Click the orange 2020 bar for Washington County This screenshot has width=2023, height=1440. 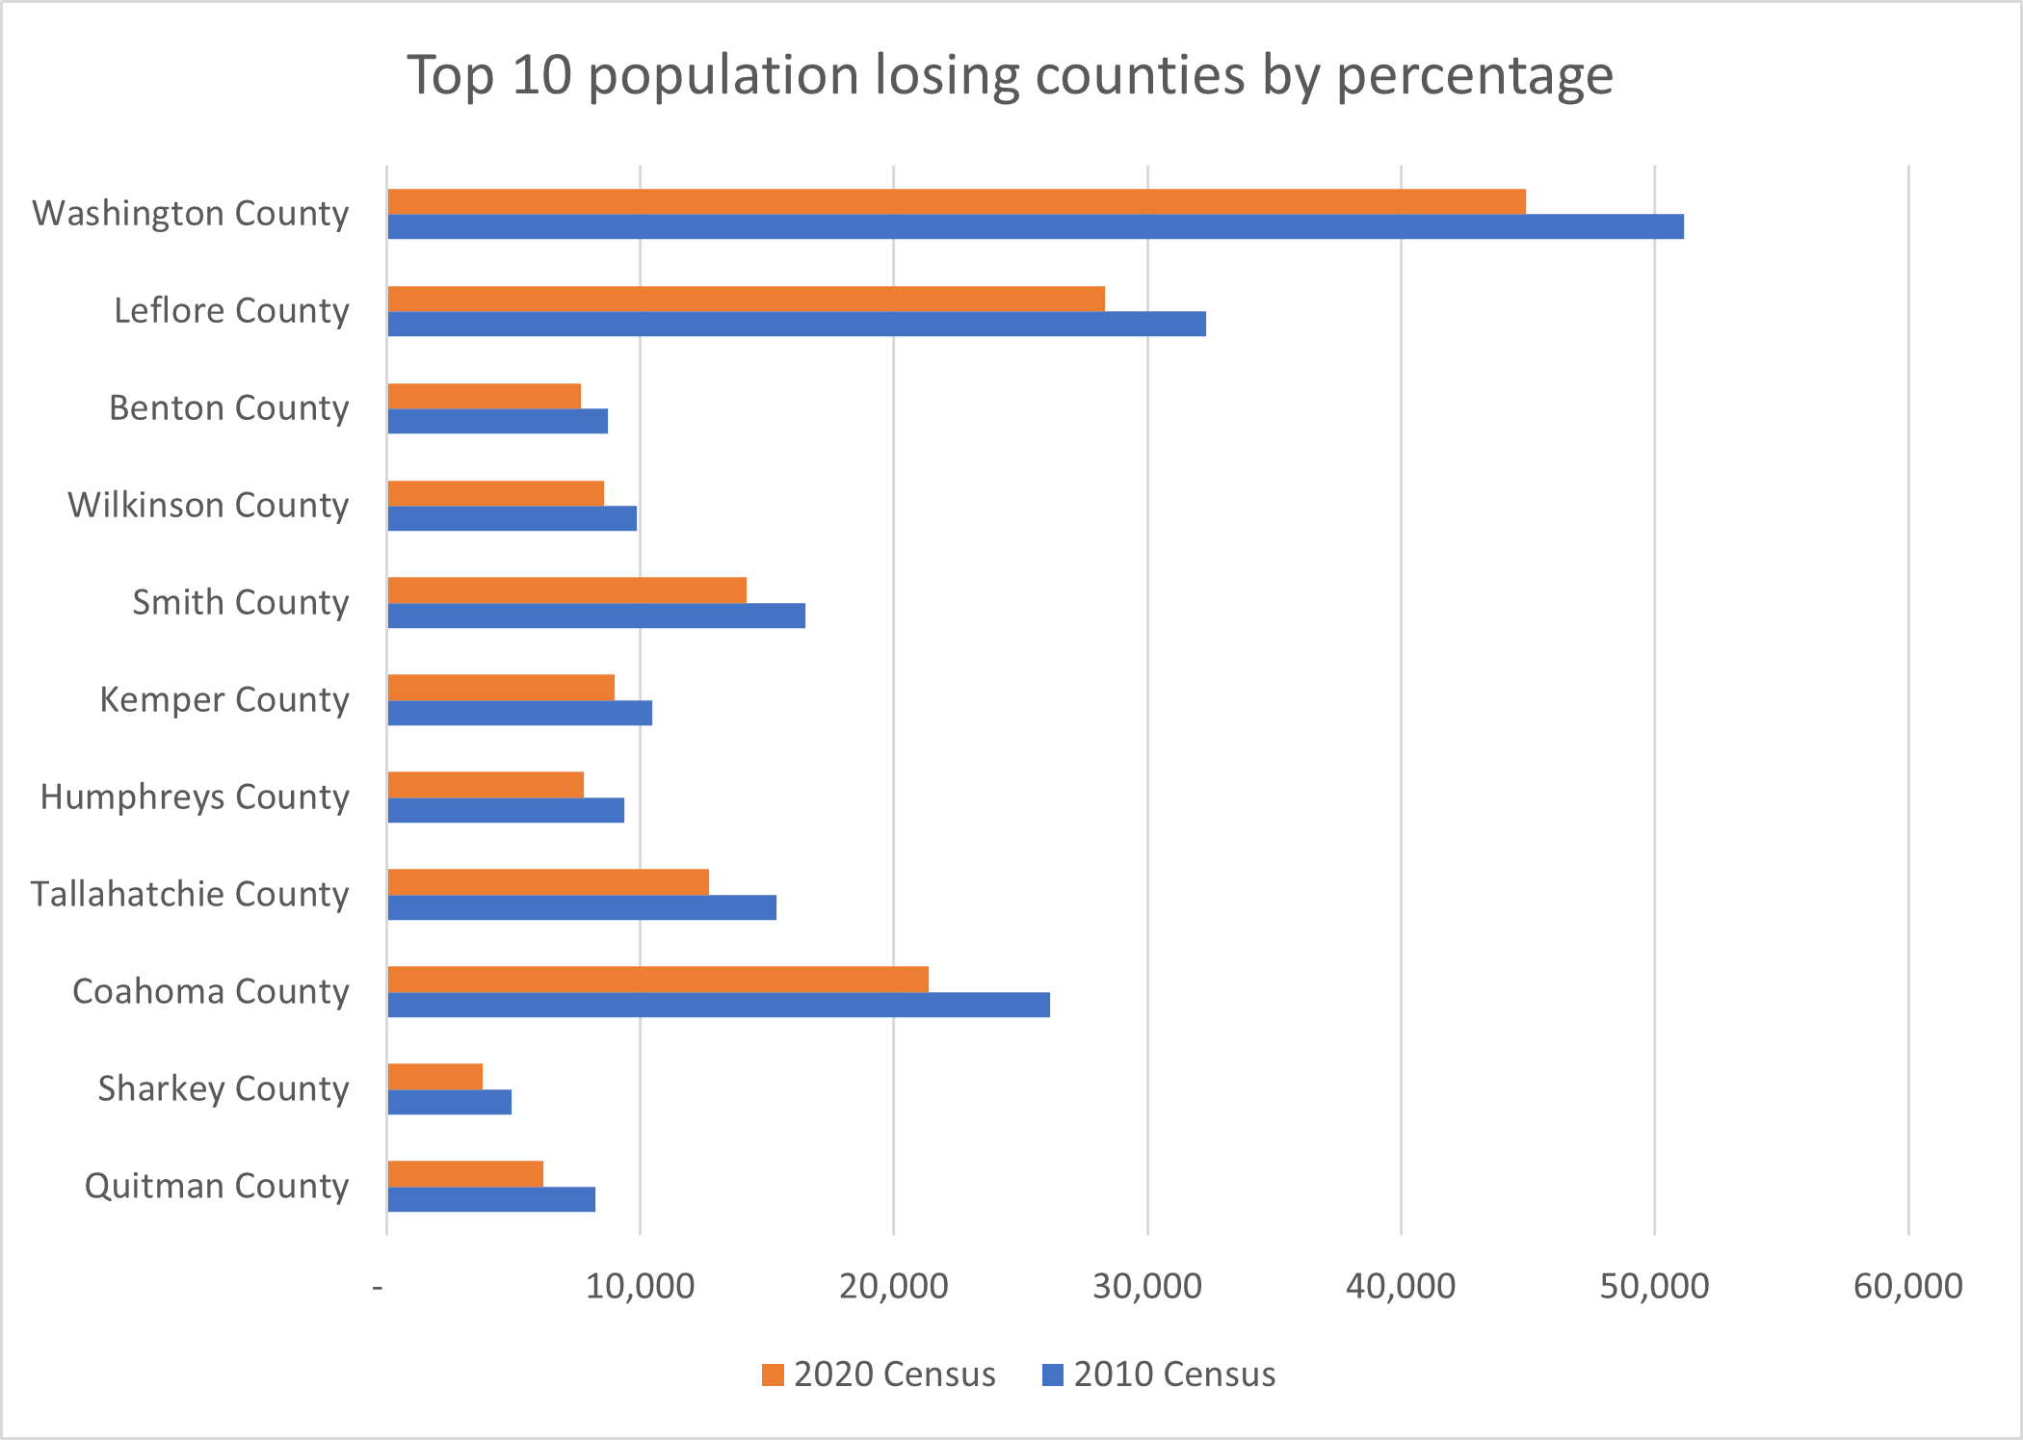coord(956,201)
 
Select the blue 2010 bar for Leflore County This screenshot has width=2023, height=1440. coord(796,324)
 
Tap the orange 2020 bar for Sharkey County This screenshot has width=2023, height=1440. coord(434,1077)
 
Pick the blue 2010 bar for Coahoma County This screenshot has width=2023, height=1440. coord(718,1005)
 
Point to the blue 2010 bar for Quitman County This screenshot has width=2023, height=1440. coord(491,1199)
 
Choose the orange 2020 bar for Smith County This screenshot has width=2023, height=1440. coord(566,589)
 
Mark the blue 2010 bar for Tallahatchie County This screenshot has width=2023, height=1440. coord(582,907)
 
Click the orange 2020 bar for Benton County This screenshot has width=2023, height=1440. coord(484,396)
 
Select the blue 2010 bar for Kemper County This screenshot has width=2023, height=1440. coord(519,713)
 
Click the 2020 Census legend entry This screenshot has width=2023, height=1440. coord(879,1374)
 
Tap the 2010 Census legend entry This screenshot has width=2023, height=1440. coord(1159,1374)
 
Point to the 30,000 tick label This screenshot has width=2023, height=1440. coord(1146,1286)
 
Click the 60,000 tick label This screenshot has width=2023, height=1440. coord(1906,1286)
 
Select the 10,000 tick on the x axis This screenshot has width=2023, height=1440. coord(640,1286)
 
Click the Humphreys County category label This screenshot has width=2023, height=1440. coord(195,797)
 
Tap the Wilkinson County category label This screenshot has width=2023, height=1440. coord(208,505)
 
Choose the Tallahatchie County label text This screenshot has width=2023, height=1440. coord(190,894)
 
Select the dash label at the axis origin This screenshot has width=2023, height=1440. coord(378,1286)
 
